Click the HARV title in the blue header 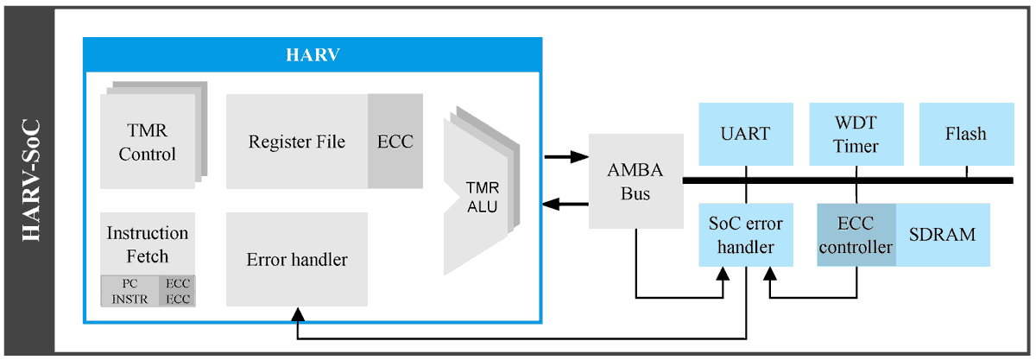[x=312, y=55]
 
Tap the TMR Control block [x=148, y=142]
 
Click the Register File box [x=296, y=142]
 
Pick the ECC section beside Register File [x=395, y=142]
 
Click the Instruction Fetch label [x=148, y=244]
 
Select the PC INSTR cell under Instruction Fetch [x=129, y=291]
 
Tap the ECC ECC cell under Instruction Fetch [x=177, y=291]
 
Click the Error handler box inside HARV [x=296, y=259]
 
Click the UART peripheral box [x=744, y=134]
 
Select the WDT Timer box [x=855, y=134]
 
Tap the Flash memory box [x=965, y=134]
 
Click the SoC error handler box [x=744, y=236]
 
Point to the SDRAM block [x=942, y=236]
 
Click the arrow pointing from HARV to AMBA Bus [x=565, y=157]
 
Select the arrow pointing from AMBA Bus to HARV [x=565, y=205]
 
